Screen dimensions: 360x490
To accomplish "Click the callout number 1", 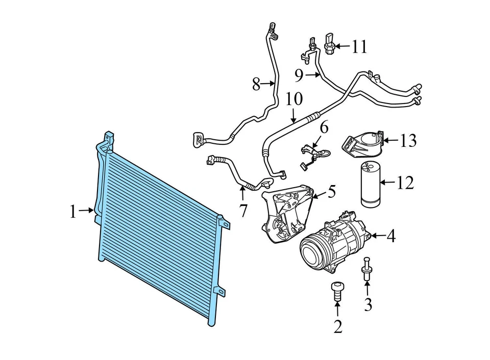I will (73, 212).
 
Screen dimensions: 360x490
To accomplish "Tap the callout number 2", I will (338, 326).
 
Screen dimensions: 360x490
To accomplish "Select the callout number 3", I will (368, 304).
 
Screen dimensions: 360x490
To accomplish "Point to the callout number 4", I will (390, 236).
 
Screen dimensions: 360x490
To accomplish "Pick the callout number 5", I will (332, 192).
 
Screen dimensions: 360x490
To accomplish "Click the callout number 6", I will (324, 127).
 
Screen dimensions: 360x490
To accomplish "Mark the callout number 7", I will (242, 209).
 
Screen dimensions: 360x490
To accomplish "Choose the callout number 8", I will (257, 84).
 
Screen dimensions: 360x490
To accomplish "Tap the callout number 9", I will (299, 76).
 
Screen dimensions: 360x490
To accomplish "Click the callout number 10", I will (294, 99).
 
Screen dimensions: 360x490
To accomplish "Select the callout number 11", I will (359, 47).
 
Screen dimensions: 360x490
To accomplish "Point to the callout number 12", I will (405, 183).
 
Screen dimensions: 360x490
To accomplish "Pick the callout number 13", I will (408, 140).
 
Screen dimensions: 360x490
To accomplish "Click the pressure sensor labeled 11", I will (330, 42).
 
